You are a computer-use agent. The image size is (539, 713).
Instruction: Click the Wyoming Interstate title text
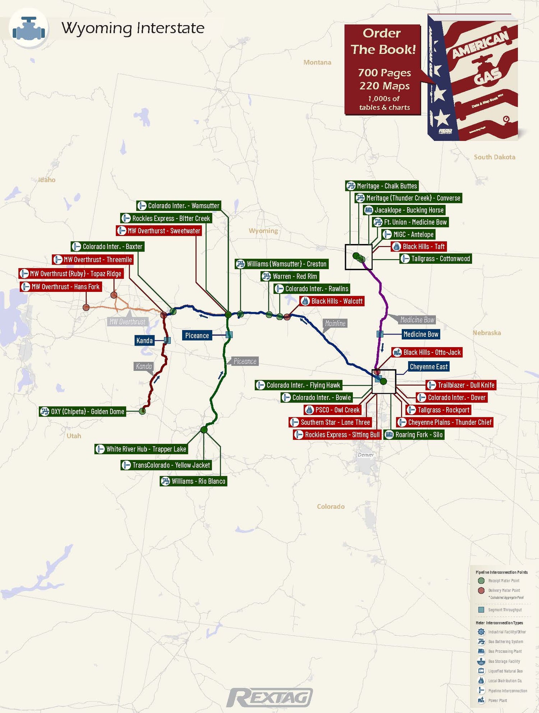[x=133, y=28]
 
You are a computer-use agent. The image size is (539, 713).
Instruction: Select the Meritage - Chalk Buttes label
[x=382, y=186]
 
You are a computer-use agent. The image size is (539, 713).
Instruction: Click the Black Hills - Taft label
[x=419, y=247]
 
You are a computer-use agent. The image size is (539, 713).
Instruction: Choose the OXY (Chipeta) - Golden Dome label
[x=83, y=411]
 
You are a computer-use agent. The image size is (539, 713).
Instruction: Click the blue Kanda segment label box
[x=144, y=340]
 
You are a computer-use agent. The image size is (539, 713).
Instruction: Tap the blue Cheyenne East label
[x=429, y=367]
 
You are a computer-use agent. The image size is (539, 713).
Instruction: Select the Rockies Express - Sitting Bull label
[x=337, y=434]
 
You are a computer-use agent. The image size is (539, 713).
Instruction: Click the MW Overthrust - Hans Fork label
[x=61, y=287]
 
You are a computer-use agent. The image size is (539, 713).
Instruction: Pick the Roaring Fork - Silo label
[x=414, y=434]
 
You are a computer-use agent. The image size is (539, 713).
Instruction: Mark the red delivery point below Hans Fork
[x=86, y=307]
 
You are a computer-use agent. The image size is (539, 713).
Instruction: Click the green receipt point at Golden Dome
[x=142, y=411]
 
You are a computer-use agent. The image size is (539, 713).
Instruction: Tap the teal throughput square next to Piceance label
[x=229, y=335]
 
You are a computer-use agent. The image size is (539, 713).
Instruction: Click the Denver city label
[x=366, y=455]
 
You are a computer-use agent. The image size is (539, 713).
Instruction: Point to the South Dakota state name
[x=494, y=157]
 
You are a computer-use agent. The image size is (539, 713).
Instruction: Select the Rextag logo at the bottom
[x=270, y=698]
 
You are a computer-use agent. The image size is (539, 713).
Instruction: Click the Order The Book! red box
[x=383, y=70]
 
